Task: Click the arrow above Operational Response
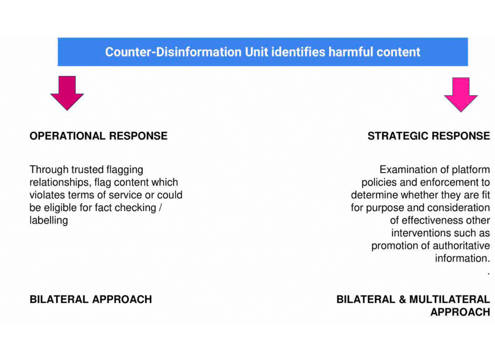67,93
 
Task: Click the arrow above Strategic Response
461,95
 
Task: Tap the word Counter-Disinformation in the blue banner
173,52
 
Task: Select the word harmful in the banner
351,52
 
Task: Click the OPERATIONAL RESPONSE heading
99,136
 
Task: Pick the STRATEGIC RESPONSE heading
429,136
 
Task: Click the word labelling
49,220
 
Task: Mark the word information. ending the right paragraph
463,258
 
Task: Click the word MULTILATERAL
450,299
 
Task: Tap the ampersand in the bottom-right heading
402,299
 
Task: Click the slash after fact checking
160,207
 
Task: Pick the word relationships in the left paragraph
60,183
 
